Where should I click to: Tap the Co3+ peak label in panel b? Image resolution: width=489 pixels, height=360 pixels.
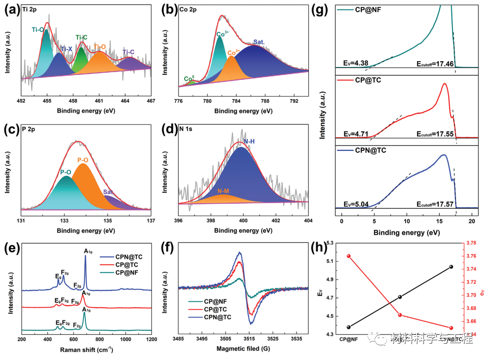223,35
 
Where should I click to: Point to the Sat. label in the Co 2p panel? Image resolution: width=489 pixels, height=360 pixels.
259,41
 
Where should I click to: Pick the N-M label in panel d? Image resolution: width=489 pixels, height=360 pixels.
224,190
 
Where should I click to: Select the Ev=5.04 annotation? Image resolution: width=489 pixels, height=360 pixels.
353,203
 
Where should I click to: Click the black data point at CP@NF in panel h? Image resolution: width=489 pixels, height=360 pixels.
349,327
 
